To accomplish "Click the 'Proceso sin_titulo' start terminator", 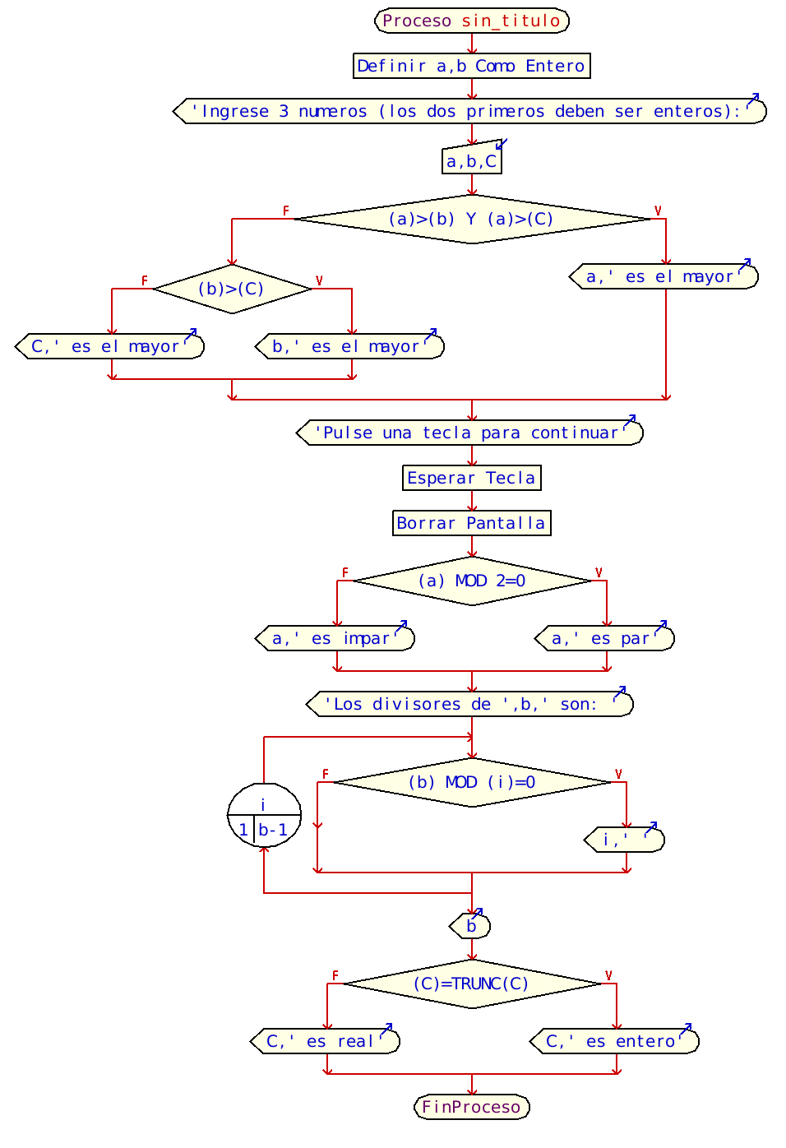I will coord(471,21).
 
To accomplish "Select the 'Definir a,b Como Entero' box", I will coord(471,66).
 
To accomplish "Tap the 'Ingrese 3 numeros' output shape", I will coord(470,111).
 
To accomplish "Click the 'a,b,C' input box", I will coord(471,161).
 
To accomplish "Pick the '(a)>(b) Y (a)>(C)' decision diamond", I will coord(471,219).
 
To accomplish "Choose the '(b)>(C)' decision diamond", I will coord(232,289).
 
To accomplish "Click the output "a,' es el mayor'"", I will coord(663,276).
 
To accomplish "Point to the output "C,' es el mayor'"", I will coord(109,346).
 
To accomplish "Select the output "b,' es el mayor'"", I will coord(350,346).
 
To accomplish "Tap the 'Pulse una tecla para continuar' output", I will coord(469,433).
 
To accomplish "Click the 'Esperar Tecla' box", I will coord(471,478).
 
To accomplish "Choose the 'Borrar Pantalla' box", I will coord(471,523).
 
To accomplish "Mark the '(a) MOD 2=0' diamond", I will coord(471,581).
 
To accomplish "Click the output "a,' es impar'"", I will coord(335,638).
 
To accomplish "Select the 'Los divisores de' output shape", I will coord(469,704).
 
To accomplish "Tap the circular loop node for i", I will coord(264,815).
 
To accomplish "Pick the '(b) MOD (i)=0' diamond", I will coord(471,782).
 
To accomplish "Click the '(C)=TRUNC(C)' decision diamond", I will coord(471,984).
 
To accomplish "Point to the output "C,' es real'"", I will coord(325,1041).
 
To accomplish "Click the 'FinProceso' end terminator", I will coord(471,1107).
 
